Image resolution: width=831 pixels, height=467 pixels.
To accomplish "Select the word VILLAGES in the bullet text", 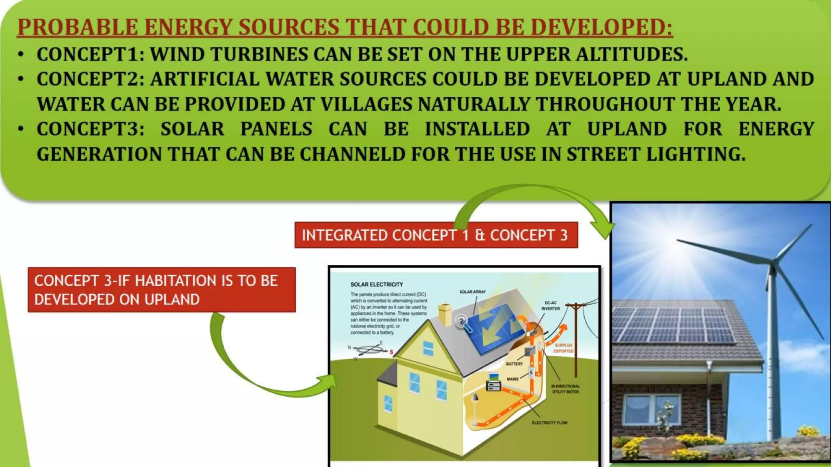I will (x=366, y=104).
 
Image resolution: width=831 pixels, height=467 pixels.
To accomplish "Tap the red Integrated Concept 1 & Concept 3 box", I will (x=436, y=235).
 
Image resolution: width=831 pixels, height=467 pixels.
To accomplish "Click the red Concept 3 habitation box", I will (x=161, y=290).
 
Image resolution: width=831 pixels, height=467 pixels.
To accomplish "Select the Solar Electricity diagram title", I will (x=377, y=285).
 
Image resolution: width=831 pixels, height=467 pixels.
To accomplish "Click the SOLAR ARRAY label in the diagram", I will (x=472, y=292).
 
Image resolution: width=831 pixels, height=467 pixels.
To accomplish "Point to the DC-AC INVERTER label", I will (x=551, y=306).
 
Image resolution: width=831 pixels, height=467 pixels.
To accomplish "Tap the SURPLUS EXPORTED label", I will (x=563, y=348).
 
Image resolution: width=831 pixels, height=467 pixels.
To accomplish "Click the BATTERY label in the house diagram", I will (x=514, y=364).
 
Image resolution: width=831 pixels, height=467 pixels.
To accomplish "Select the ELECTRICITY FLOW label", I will (x=549, y=423).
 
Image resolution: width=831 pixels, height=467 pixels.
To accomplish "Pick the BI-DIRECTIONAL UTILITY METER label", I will (x=565, y=389).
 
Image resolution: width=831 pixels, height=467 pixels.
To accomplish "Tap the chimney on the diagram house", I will (x=445, y=314).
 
